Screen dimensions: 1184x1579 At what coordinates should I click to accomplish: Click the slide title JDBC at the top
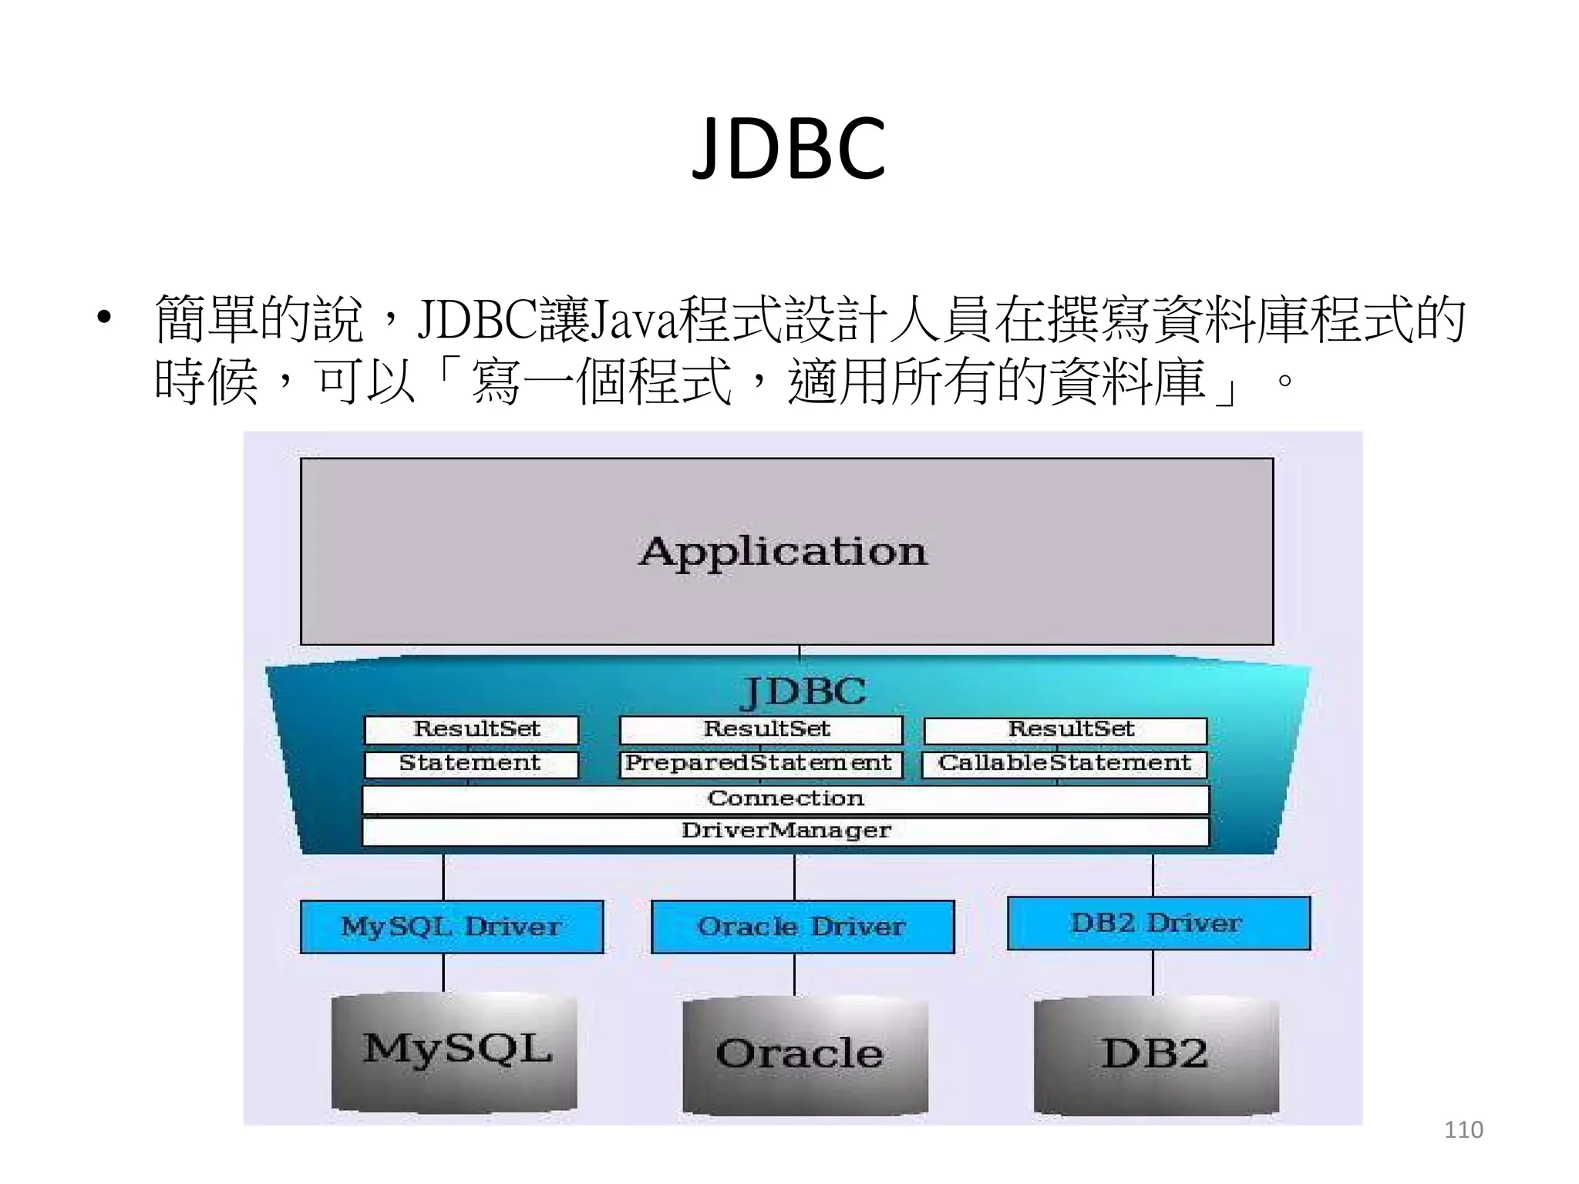(x=789, y=149)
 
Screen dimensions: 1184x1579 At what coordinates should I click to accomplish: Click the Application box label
(x=783, y=552)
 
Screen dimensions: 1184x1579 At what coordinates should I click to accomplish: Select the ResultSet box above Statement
(x=472, y=729)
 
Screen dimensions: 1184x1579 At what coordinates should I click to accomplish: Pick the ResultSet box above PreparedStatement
(x=762, y=729)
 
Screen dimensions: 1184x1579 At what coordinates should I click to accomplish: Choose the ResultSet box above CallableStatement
(x=1066, y=730)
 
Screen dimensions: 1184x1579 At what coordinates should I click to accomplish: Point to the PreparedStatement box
(x=760, y=764)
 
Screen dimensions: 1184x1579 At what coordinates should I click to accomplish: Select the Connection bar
(x=785, y=799)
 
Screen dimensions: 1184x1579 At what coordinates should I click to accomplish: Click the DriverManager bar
(x=785, y=831)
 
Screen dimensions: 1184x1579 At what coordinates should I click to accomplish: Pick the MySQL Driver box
(x=452, y=927)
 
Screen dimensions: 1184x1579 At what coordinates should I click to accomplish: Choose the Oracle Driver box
(x=802, y=927)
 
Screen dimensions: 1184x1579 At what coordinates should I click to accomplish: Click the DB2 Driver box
(x=1158, y=923)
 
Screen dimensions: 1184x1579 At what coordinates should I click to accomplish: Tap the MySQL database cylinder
(x=455, y=1051)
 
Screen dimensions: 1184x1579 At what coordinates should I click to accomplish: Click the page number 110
(x=1463, y=1130)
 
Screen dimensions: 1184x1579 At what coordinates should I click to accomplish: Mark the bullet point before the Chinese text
(x=105, y=319)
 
